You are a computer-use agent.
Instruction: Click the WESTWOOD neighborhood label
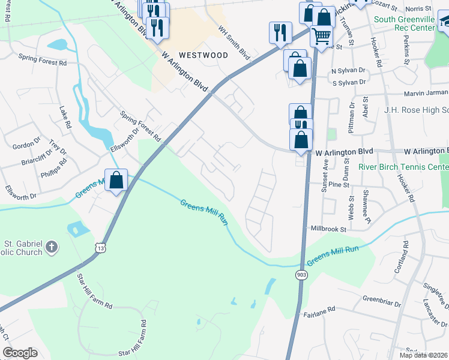tap(202, 55)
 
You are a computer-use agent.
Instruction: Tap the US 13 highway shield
tap(100, 248)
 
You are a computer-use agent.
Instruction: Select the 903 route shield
tap(301, 274)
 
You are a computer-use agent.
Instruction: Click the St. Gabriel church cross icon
tap(52, 246)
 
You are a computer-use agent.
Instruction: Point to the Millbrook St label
tap(329, 229)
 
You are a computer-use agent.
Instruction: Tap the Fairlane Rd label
tap(319, 313)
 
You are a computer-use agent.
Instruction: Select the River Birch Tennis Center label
tap(403, 167)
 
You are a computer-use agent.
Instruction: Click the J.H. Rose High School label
tap(416, 110)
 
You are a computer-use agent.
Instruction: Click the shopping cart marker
tap(321, 37)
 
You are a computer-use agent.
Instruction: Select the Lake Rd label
tap(65, 117)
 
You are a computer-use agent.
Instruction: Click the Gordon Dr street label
tap(26, 146)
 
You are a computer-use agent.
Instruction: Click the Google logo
tap(20, 353)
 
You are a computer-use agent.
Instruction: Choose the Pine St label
tap(339, 185)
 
